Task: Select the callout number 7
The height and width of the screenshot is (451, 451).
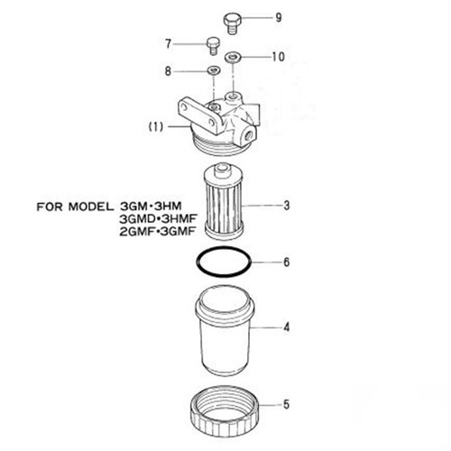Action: (168, 42)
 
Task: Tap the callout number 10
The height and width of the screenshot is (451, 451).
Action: (277, 56)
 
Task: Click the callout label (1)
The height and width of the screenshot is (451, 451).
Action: (154, 127)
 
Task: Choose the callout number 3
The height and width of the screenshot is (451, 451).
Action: (286, 206)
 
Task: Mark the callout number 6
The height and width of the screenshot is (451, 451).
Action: (286, 263)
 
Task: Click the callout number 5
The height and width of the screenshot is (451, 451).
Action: (286, 404)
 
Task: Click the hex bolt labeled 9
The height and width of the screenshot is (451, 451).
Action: (232, 19)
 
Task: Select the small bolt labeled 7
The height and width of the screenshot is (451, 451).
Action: (213, 43)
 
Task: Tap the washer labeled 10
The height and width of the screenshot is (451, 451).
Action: (233, 57)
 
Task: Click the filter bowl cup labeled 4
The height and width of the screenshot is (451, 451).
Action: (224, 334)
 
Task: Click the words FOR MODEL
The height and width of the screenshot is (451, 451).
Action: (77, 205)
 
